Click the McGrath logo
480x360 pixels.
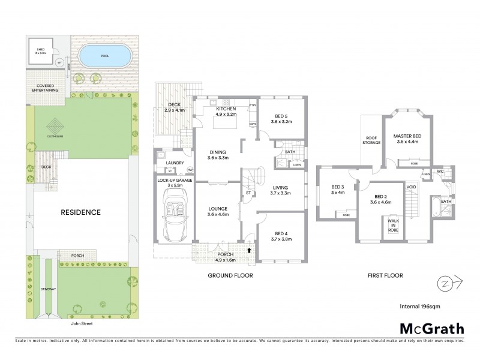click(431, 328)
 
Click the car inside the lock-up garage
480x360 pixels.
click(173, 215)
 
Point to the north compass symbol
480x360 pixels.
click(446, 281)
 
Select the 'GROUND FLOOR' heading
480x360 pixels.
click(230, 275)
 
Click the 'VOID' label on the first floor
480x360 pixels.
click(412, 187)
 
